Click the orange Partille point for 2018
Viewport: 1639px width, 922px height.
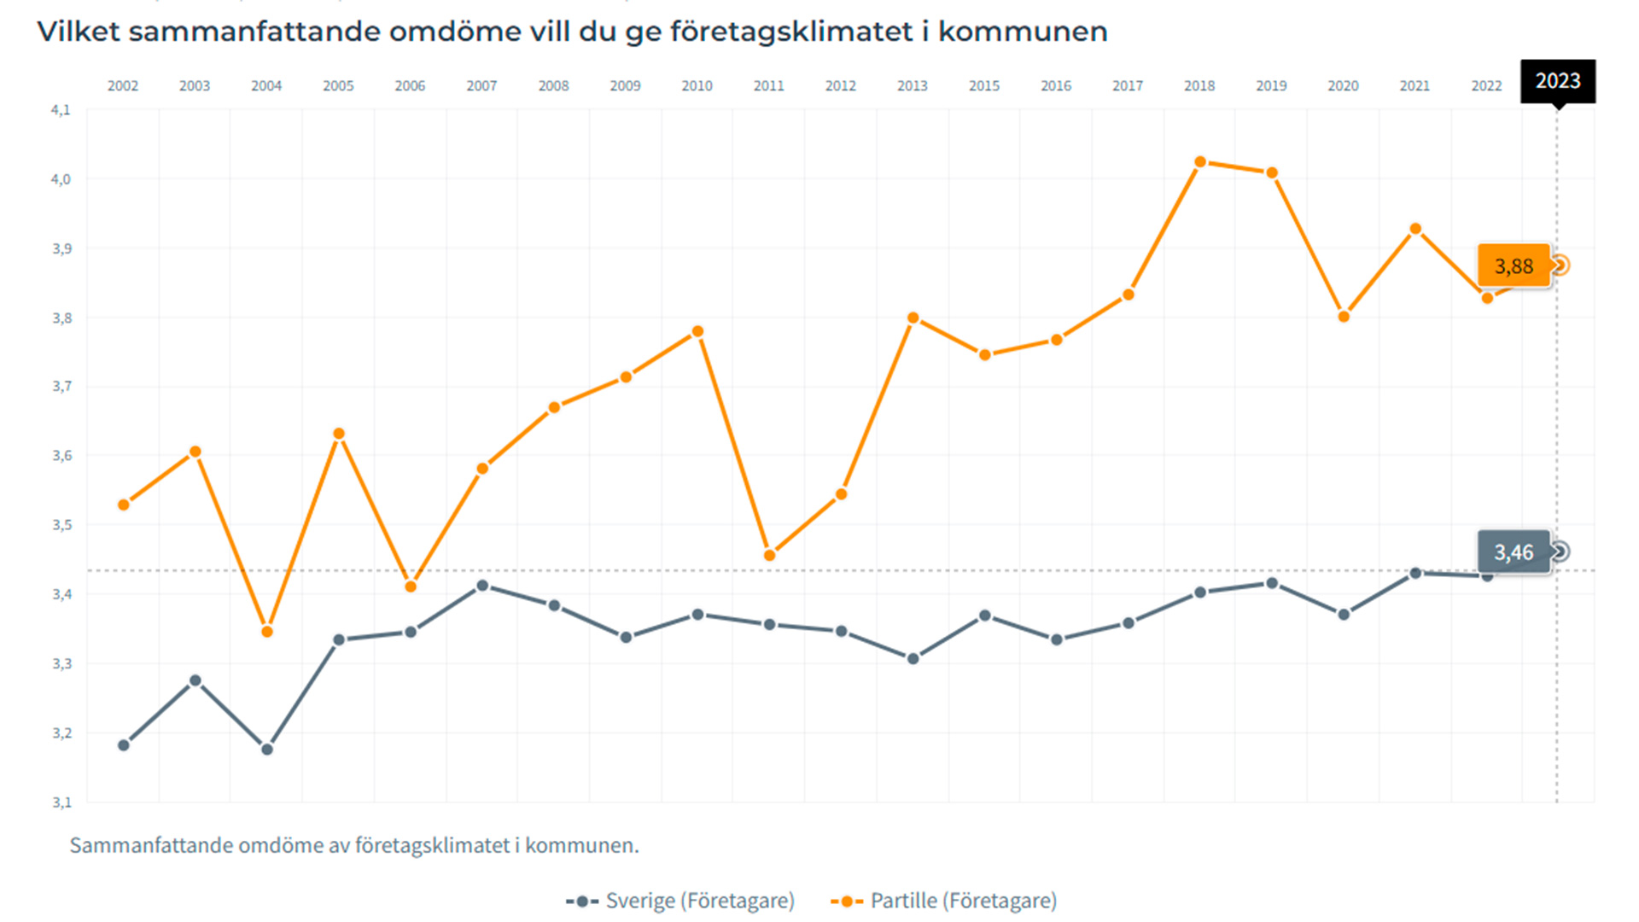pyautogui.click(x=1199, y=161)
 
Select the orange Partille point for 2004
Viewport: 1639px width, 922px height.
pyautogui.click(x=266, y=632)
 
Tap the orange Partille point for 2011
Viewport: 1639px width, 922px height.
pyautogui.click(x=769, y=556)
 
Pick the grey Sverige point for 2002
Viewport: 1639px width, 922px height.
pyautogui.click(x=123, y=745)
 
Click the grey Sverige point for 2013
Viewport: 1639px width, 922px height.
pyautogui.click(x=913, y=659)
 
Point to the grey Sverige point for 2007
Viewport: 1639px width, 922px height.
pyautogui.click(x=482, y=586)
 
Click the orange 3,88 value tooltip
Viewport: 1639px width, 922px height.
pyautogui.click(x=1514, y=266)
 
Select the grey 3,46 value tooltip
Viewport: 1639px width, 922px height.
pyautogui.click(x=1514, y=552)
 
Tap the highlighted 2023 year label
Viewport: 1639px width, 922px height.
pyautogui.click(x=1557, y=81)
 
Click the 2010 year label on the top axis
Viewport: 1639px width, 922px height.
pyautogui.click(x=697, y=86)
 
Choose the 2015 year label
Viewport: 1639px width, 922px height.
pyautogui.click(x=983, y=86)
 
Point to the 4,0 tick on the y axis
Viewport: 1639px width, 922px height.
pyautogui.click(x=61, y=179)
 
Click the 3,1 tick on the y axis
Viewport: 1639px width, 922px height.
pyautogui.click(x=61, y=802)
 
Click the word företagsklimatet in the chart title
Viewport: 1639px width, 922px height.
pyautogui.click(x=791, y=32)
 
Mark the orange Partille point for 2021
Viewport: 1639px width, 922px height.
pyautogui.click(x=1415, y=229)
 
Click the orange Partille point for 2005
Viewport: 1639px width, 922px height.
pyautogui.click(x=339, y=434)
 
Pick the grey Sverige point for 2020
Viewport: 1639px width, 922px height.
pyautogui.click(x=1344, y=615)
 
